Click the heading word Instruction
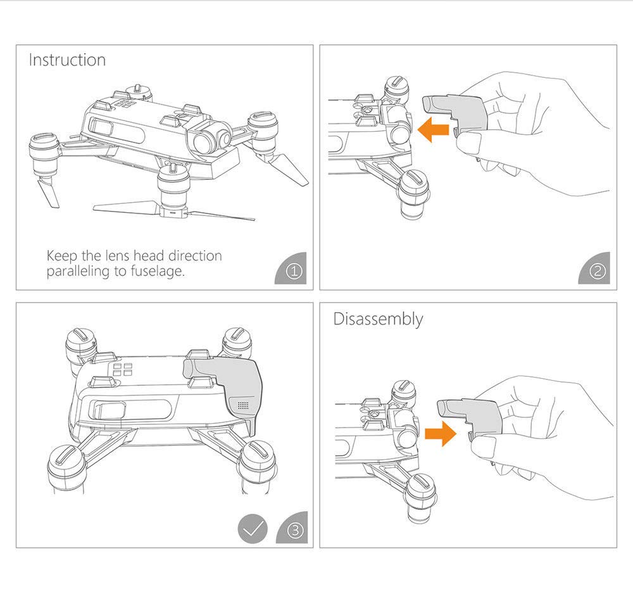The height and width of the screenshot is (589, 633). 67,61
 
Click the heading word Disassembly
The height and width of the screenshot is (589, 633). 378,319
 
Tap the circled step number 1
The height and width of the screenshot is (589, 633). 294,272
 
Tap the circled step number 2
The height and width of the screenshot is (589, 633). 597,272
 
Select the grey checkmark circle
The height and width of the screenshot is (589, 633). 253,529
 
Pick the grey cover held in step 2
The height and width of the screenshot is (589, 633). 453,111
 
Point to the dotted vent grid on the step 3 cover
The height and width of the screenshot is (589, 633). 241,403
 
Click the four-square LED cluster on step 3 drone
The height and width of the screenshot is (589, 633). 123,370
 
